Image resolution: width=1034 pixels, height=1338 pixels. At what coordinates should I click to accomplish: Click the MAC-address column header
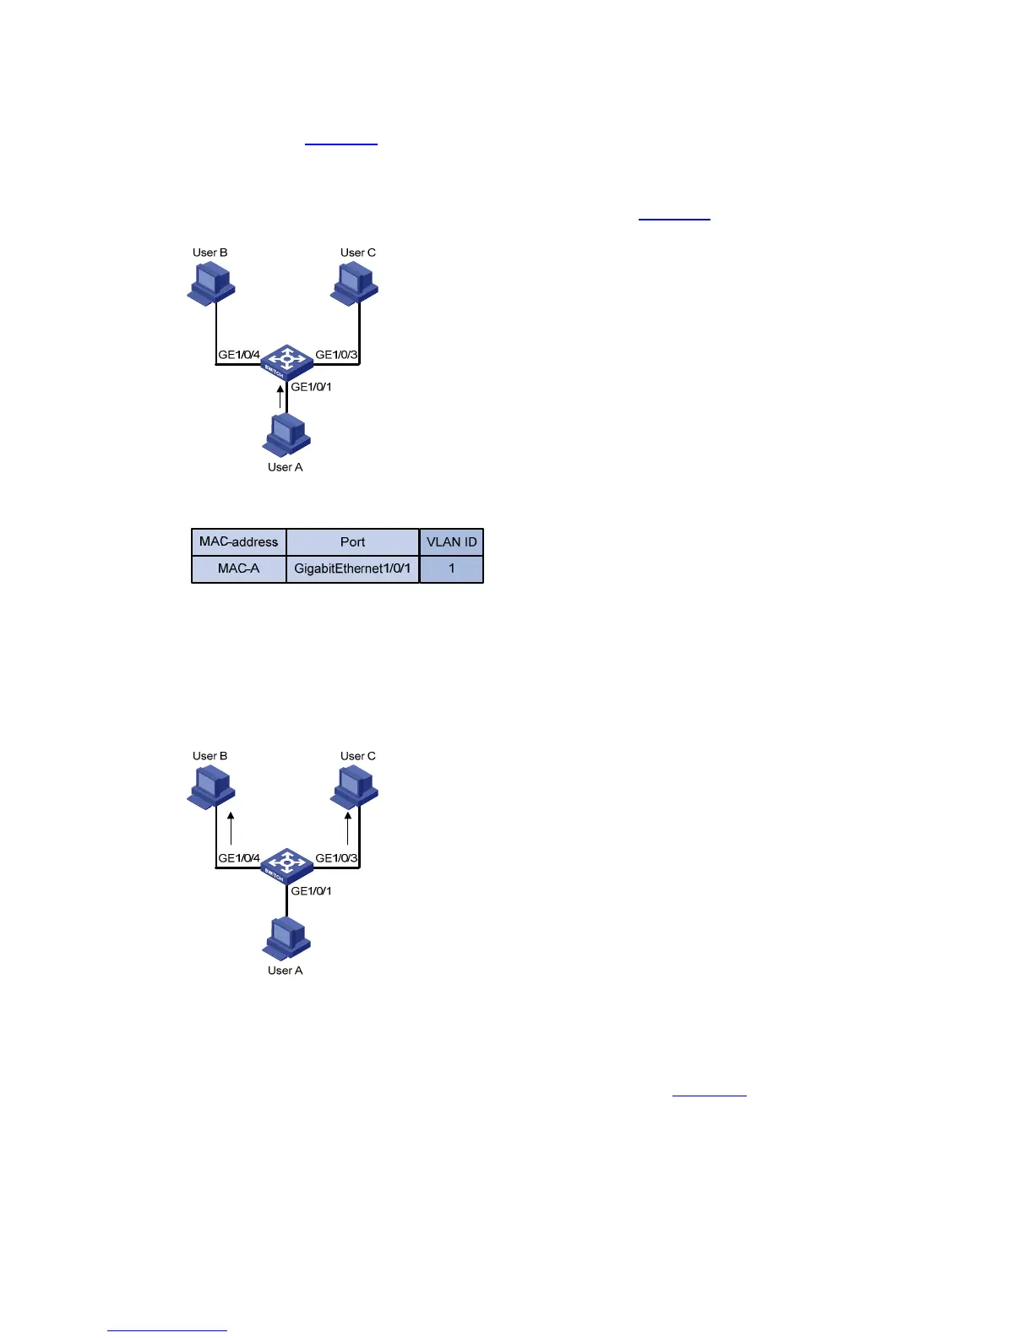(x=238, y=542)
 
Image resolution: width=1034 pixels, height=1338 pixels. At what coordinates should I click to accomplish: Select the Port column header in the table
(x=352, y=542)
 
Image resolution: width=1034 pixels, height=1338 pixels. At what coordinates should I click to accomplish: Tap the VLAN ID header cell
(x=451, y=542)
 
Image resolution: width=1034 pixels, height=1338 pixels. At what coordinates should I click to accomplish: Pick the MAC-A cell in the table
(x=238, y=568)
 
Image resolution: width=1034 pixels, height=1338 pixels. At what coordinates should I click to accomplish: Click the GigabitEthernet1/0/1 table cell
(x=352, y=568)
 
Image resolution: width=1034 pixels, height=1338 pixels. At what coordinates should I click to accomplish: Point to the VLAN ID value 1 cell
(x=451, y=568)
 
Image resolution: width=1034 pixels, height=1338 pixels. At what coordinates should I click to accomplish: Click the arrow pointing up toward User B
(x=231, y=828)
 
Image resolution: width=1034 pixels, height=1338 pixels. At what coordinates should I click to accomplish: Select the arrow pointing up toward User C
(x=347, y=828)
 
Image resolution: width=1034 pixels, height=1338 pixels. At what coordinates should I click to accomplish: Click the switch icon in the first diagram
(x=286, y=361)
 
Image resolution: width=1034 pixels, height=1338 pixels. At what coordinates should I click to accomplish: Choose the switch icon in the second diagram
(x=286, y=864)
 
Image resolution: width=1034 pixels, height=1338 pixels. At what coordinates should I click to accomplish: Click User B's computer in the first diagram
(x=210, y=283)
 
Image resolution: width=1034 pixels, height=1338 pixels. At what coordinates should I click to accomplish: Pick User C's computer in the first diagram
(x=355, y=283)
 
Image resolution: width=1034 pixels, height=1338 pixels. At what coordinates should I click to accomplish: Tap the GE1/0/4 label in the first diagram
(x=239, y=355)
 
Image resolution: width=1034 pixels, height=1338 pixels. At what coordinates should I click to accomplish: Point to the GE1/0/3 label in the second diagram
(x=336, y=858)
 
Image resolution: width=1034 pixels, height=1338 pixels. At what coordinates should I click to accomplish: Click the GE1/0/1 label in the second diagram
(x=311, y=890)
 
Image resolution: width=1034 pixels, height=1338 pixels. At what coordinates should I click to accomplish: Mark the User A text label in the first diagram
(x=285, y=467)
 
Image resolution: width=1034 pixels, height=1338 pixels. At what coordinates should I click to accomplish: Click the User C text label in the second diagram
(x=358, y=756)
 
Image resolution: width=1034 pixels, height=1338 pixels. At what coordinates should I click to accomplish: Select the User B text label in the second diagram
(x=210, y=756)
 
